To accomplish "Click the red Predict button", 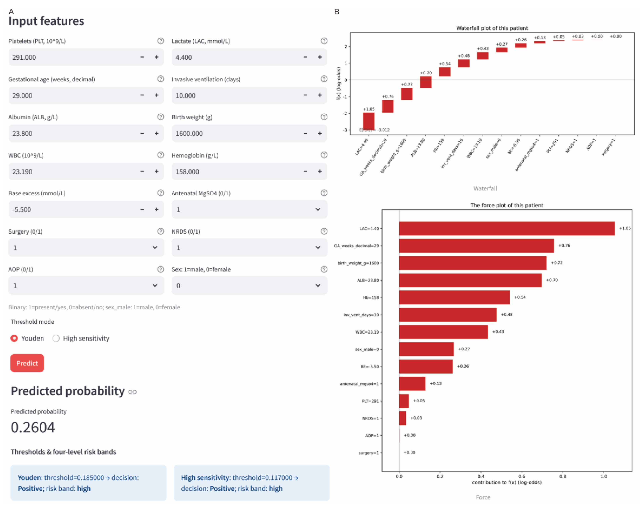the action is [27, 363].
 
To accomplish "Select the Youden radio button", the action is [14, 338].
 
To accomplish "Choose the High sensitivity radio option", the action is [56, 338].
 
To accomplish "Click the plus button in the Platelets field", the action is [156, 57].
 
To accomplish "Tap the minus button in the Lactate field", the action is [305, 57].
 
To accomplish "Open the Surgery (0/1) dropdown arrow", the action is [155, 247].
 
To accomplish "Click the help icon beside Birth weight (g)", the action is [324, 117].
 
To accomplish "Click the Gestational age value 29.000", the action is [22, 95].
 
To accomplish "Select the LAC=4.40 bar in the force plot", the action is [507, 228].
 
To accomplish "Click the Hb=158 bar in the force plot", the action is [454, 297].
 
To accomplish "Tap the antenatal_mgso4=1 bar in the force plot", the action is [412, 383].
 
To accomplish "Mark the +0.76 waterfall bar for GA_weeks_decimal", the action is [388, 106].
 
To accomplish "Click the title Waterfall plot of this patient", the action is [492, 28].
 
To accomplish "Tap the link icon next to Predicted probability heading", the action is [132, 392].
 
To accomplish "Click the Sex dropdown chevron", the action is [318, 285].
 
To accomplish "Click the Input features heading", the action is [46, 21].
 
